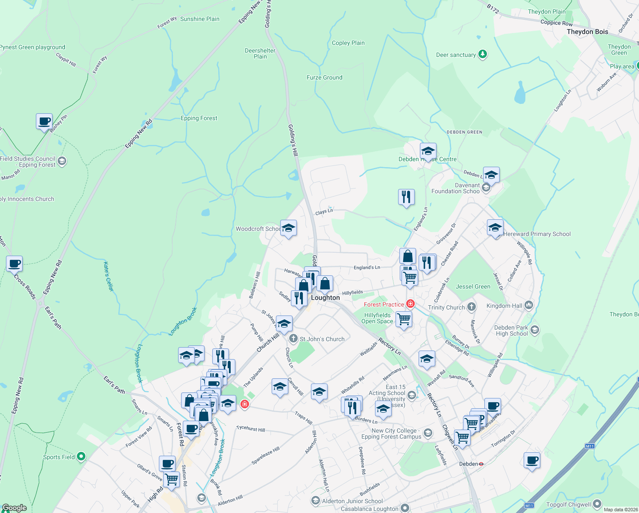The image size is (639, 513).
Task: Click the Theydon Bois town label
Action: (x=587, y=32)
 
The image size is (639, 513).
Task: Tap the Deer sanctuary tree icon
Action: (x=483, y=54)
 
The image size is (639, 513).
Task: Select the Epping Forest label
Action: (x=199, y=118)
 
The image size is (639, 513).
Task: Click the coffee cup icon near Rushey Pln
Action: (x=44, y=121)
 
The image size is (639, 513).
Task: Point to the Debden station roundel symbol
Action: (x=481, y=464)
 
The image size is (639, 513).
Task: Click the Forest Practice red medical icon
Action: (x=410, y=304)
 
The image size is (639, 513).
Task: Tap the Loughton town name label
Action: (x=325, y=298)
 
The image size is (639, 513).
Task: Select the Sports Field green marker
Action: (x=81, y=457)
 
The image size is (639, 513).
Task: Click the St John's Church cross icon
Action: (x=293, y=339)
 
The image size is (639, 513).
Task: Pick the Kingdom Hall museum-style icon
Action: (x=529, y=305)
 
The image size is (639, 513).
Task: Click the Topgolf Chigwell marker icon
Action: (x=597, y=504)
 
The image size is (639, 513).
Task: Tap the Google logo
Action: (x=14, y=508)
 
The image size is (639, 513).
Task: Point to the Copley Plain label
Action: (x=348, y=43)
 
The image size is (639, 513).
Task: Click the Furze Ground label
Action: (x=324, y=77)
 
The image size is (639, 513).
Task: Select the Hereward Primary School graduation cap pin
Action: (x=495, y=228)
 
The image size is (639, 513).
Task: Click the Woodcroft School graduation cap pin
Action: (x=288, y=228)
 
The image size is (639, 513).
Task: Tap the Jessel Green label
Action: (x=473, y=286)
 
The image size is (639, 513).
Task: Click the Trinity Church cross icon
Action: (x=471, y=307)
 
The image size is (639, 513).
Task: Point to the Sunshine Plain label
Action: (x=199, y=19)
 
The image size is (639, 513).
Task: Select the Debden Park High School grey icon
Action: (x=535, y=330)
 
